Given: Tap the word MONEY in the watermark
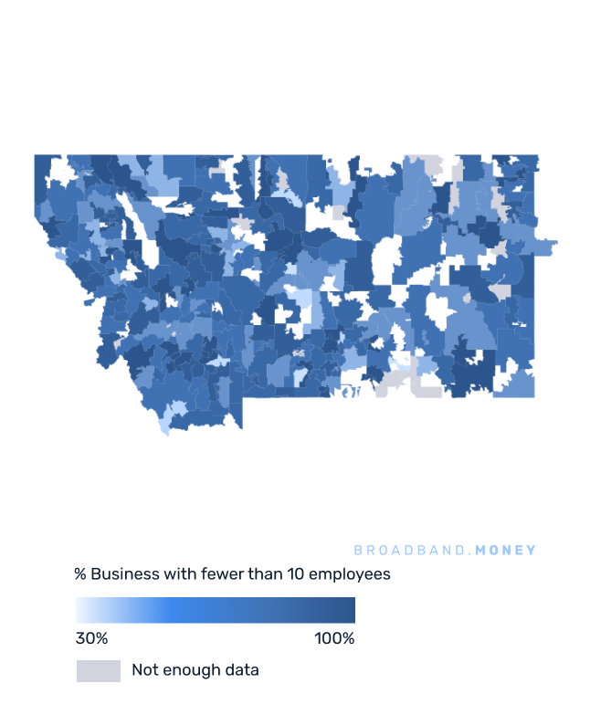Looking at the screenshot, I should tap(507, 551).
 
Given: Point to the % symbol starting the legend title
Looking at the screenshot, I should tap(80, 574).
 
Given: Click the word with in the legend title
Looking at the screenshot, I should tap(174, 574).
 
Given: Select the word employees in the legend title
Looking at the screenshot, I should tap(350, 575).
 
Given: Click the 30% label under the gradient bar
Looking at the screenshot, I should tap(91, 638).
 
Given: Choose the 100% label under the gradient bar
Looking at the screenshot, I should tap(334, 638).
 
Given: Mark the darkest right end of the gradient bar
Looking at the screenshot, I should tap(351, 610).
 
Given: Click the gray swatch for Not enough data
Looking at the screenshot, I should tap(98, 670).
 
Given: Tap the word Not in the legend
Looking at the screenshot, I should tap(143, 670).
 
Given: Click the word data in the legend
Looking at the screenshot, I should tap(242, 670).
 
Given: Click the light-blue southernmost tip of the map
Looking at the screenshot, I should tap(164, 427).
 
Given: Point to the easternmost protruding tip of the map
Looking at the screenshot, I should tap(553, 244).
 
